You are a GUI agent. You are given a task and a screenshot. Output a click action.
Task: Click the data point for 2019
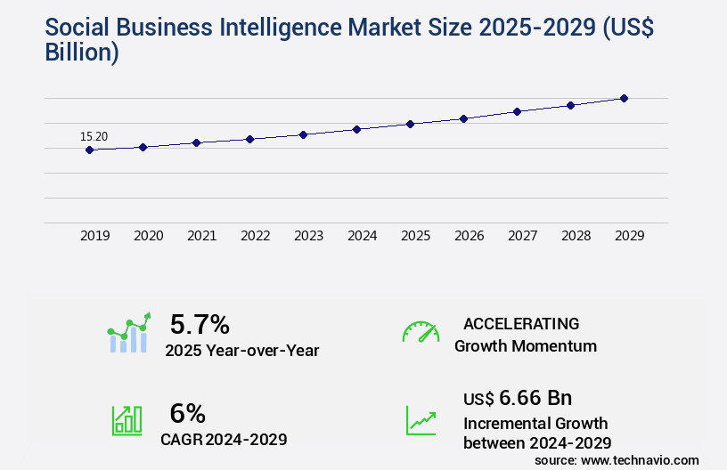[89, 150]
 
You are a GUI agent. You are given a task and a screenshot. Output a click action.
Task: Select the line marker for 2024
[356, 129]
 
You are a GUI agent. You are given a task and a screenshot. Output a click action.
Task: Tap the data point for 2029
[624, 98]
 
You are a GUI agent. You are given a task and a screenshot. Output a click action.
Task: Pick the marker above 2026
[463, 118]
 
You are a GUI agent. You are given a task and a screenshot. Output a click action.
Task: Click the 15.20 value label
[94, 137]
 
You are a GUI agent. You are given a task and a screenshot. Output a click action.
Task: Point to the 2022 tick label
[255, 236]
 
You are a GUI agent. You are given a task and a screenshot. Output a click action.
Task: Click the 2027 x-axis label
[522, 236]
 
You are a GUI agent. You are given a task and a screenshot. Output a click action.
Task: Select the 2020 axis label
[148, 236]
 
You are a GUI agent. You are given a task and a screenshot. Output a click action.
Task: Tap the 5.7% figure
[200, 324]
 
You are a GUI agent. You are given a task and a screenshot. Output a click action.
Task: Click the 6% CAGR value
[187, 413]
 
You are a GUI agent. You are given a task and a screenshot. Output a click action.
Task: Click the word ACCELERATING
[521, 324]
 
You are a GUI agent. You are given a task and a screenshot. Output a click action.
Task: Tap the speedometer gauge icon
[421, 332]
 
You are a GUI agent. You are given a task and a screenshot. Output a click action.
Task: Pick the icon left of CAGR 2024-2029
[127, 420]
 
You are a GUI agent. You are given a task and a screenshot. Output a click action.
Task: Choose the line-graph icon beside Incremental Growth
[421, 420]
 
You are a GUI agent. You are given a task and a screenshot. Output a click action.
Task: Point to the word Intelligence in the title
[307, 28]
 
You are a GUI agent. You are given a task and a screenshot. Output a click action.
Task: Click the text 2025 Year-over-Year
[241, 351]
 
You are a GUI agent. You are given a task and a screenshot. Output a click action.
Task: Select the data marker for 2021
[196, 142]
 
